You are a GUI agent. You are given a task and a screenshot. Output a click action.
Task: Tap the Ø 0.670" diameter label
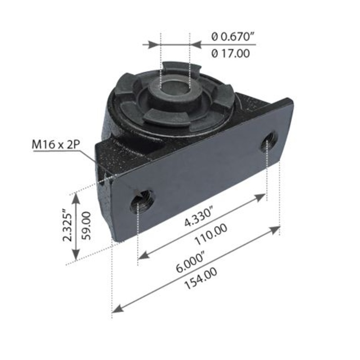(x=230, y=36)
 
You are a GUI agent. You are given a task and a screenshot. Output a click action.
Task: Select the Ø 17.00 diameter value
(x=230, y=54)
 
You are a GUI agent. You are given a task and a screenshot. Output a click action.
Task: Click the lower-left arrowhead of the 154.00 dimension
(x=117, y=309)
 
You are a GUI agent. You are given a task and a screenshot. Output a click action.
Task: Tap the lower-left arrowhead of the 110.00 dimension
(x=143, y=256)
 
